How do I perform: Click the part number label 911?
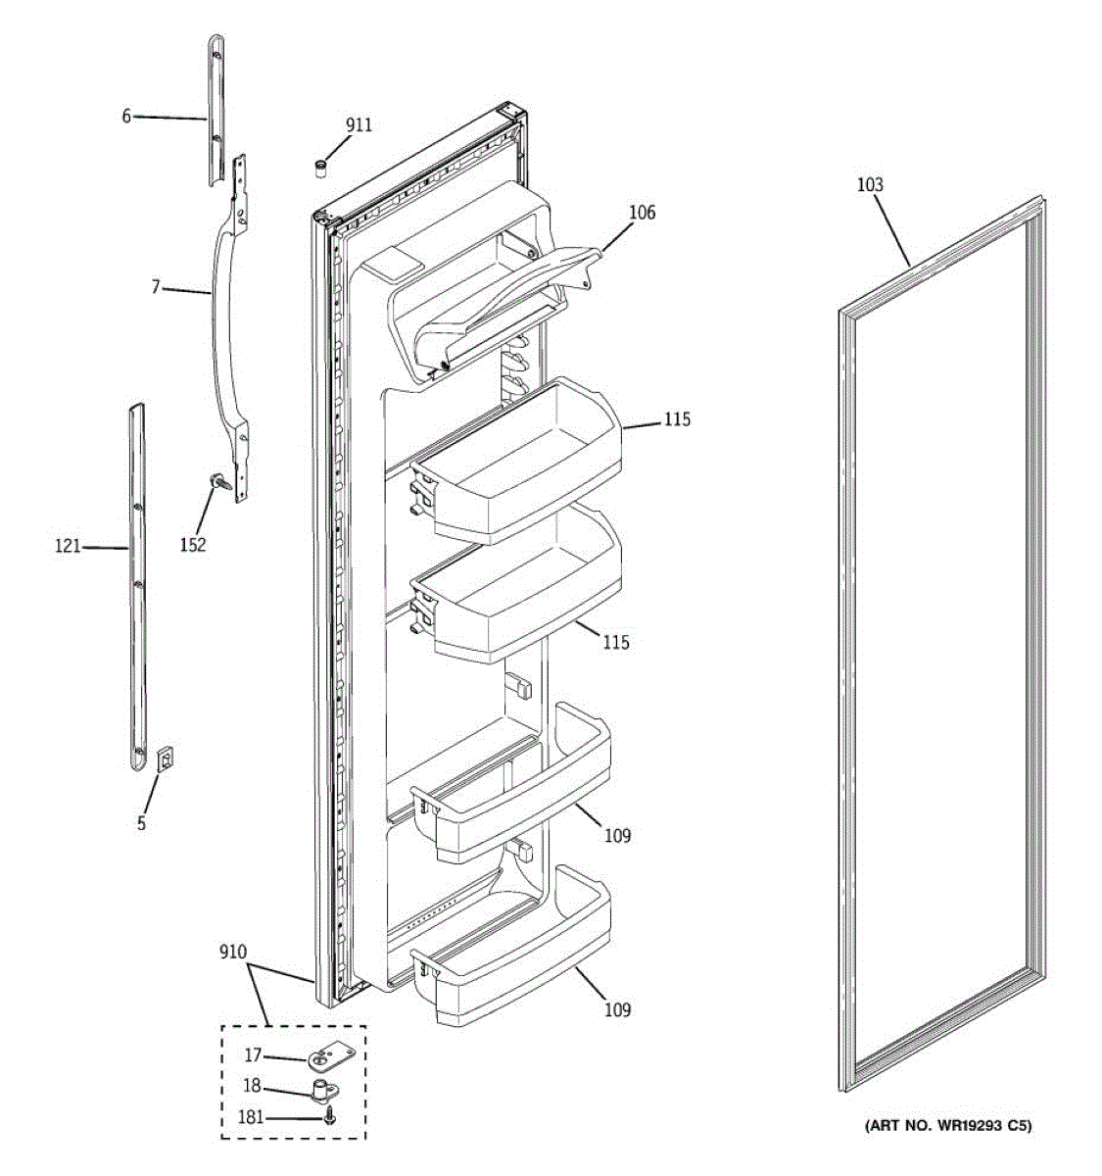coord(359,124)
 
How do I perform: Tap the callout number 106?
coord(643,212)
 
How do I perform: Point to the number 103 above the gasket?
coord(869,184)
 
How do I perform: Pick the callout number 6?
coord(126,116)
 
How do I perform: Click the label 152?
coord(193,545)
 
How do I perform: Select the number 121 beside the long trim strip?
coord(68,547)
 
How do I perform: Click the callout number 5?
coord(141,823)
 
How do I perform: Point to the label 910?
coord(233,952)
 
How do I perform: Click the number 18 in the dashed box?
coord(252,1086)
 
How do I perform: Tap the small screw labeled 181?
coord(331,1115)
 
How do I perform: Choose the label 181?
coord(251,1117)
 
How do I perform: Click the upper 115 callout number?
coord(677,419)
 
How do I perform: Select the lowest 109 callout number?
coord(617,1009)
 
